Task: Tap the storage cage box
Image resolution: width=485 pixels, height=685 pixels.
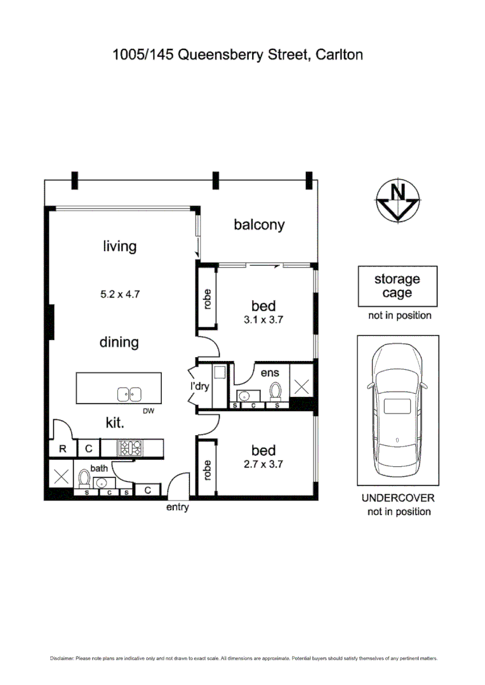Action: pyautogui.click(x=397, y=286)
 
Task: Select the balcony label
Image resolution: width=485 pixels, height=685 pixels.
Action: pyautogui.click(x=259, y=225)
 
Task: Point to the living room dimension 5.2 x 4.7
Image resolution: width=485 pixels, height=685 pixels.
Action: pyautogui.click(x=119, y=294)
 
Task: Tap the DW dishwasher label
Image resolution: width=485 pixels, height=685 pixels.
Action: pyautogui.click(x=149, y=411)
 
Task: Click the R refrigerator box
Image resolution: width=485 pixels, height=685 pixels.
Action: pyautogui.click(x=63, y=449)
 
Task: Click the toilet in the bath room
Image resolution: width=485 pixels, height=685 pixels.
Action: pyautogui.click(x=84, y=478)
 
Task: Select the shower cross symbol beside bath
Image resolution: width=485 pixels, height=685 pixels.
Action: pyautogui.click(x=62, y=477)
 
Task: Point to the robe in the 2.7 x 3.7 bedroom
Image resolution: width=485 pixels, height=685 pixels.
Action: pyautogui.click(x=207, y=469)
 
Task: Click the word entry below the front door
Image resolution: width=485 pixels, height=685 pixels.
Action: pyautogui.click(x=177, y=508)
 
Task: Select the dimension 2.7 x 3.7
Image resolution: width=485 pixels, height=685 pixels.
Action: pyautogui.click(x=263, y=464)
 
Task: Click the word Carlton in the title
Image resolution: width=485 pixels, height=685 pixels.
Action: pyautogui.click(x=340, y=55)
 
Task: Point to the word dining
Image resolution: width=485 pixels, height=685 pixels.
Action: pyautogui.click(x=119, y=342)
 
